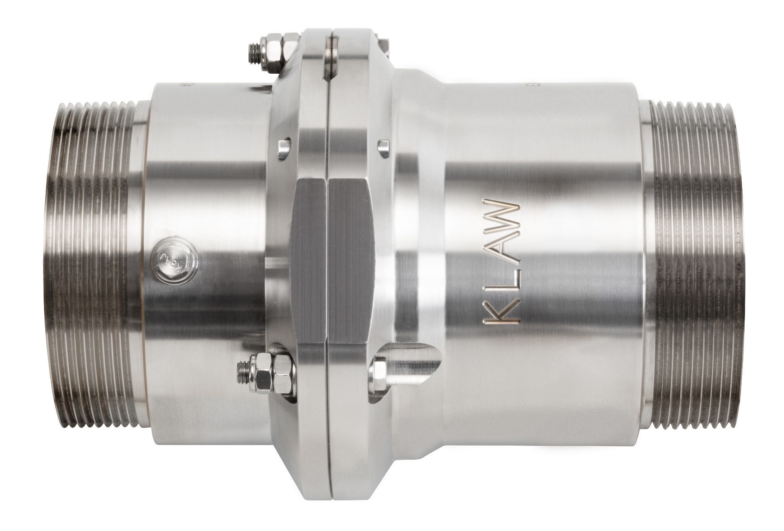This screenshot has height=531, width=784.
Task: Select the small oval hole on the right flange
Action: (382, 146)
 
